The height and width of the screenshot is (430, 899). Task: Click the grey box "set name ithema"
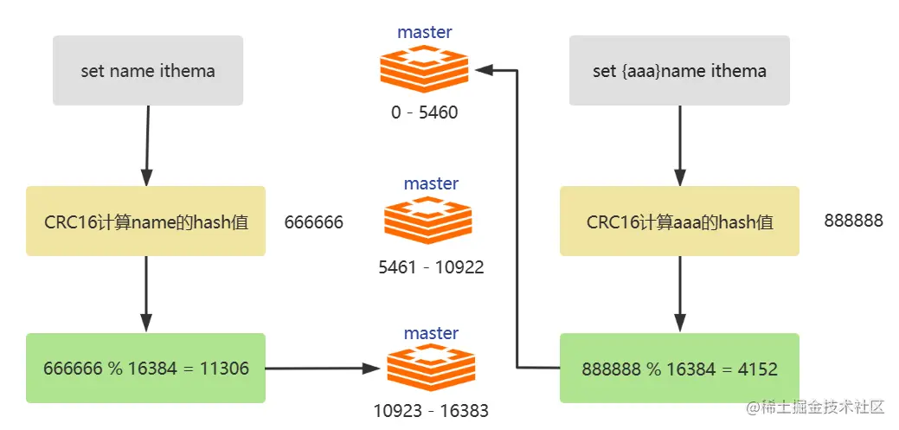148,71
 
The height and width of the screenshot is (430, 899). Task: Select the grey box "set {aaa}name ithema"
679,71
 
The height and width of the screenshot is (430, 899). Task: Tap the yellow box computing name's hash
145,221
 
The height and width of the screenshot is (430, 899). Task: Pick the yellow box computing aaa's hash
679,221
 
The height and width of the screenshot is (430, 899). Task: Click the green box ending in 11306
145,369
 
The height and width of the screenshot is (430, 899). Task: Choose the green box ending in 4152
679,369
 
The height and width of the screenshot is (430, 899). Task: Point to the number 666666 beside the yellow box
314,222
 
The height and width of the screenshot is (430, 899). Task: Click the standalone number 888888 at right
853,221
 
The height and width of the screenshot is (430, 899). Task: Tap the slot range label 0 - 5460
424,112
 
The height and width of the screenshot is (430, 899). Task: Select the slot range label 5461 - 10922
431,267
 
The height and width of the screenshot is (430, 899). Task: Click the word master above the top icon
425,33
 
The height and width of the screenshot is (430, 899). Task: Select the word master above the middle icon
431,183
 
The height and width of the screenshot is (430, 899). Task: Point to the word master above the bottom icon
431,333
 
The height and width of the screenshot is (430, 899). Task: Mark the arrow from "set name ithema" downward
148,143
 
